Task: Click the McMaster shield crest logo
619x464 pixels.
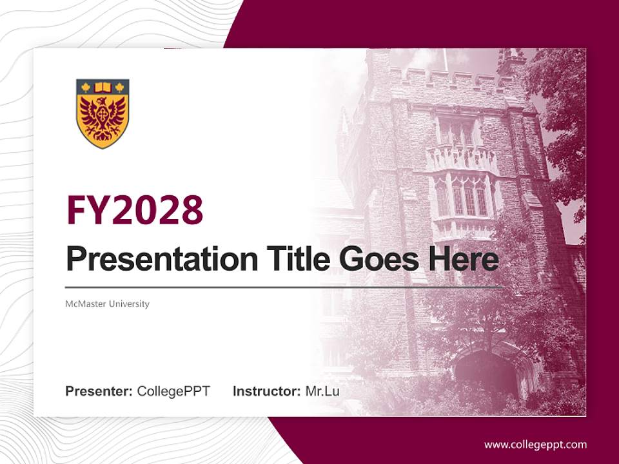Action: pyautogui.click(x=103, y=113)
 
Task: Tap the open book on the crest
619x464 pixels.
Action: pyautogui.click(x=103, y=87)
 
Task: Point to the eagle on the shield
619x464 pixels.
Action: pyautogui.click(x=103, y=119)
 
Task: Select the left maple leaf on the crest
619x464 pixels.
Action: pyautogui.click(x=86, y=87)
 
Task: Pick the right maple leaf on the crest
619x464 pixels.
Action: pyautogui.click(x=119, y=87)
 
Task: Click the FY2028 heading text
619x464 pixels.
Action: pyautogui.click(x=135, y=210)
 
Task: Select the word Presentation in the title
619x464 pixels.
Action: pyautogui.click(x=152, y=260)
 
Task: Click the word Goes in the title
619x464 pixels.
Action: pyautogui.click(x=380, y=259)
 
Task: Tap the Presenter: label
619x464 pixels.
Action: pyautogui.click(x=99, y=391)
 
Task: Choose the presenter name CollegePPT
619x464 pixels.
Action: pyautogui.click(x=173, y=391)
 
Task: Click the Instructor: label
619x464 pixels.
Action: pyautogui.click(x=266, y=391)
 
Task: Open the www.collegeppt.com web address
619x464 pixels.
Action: pyautogui.click(x=535, y=444)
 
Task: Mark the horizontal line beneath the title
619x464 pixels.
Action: pyautogui.click(x=284, y=287)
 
